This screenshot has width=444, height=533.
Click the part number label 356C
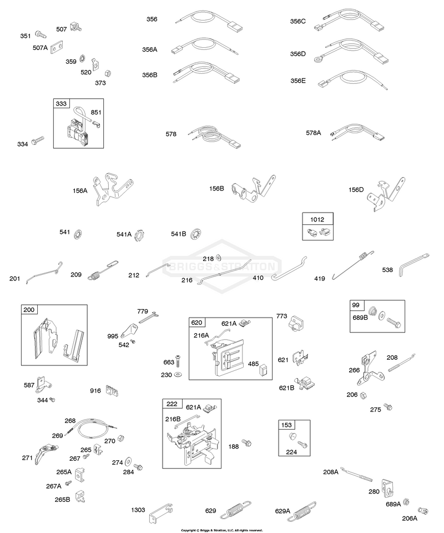tap(298, 22)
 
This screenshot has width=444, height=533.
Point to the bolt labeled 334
tap(37, 140)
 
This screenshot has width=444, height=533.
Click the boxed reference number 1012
tap(317, 220)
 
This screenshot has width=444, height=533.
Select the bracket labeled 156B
tap(253, 190)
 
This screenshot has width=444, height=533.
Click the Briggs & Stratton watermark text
tap(223, 266)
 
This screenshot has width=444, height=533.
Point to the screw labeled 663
tap(178, 361)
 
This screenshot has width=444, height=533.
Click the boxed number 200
tap(29, 310)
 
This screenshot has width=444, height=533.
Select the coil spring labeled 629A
tap(302, 511)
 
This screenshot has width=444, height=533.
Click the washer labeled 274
tap(128, 461)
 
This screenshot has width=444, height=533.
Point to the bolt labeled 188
tap(246, 443)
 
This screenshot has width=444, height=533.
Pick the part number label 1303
tap(138, 510)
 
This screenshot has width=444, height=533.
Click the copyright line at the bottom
tap(222, 530)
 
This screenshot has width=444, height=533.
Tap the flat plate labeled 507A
tap(57, 47)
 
